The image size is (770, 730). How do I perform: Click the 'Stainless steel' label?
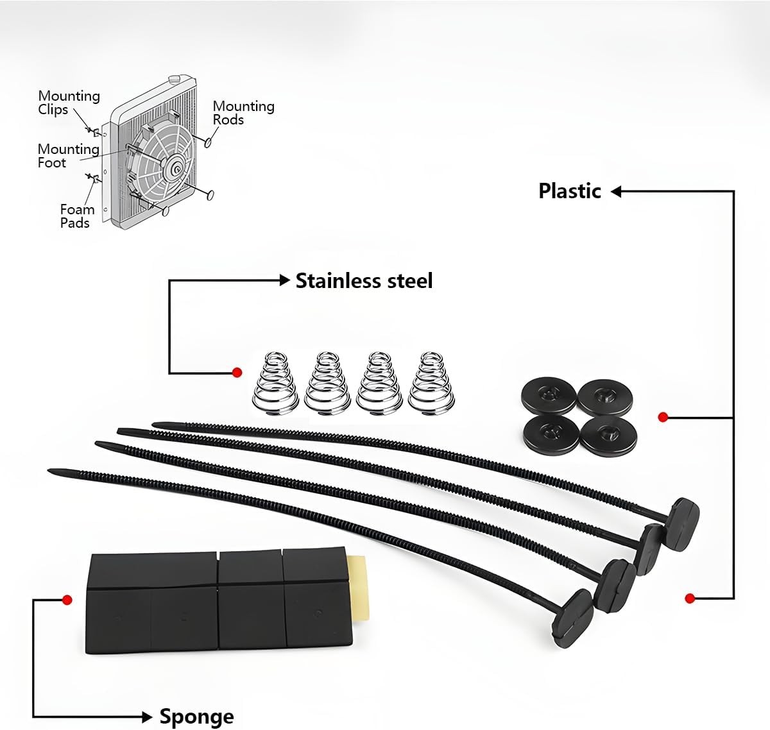pyautogui.click(x=364, y=281)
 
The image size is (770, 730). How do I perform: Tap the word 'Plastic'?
pyautogui.click(x=569, y=191)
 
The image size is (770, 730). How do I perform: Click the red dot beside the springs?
pyautogui.click(x=237, y=372)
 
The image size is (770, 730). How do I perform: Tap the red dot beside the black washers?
pyautogui.click(x=663, y=417)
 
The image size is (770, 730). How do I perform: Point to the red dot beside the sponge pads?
pyautogui.click(x=66, y=600)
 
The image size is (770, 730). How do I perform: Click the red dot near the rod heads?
pyautogui.click(x=690, y=598)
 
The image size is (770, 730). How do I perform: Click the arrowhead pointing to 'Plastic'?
pyautogui.click(x=616, y=191)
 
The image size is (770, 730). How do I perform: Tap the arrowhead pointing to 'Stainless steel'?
pyautogui.click(x=285, y=280)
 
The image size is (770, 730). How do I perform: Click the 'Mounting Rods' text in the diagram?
pyautogui.click(x=243, y=112)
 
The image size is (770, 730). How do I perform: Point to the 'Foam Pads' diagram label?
pyautogui.click(x=76, y=216)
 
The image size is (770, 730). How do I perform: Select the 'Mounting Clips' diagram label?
pyautogui.click(x=69, y=103)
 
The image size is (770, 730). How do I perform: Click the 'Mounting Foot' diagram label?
pyautogui.click(x=68, y=155)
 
